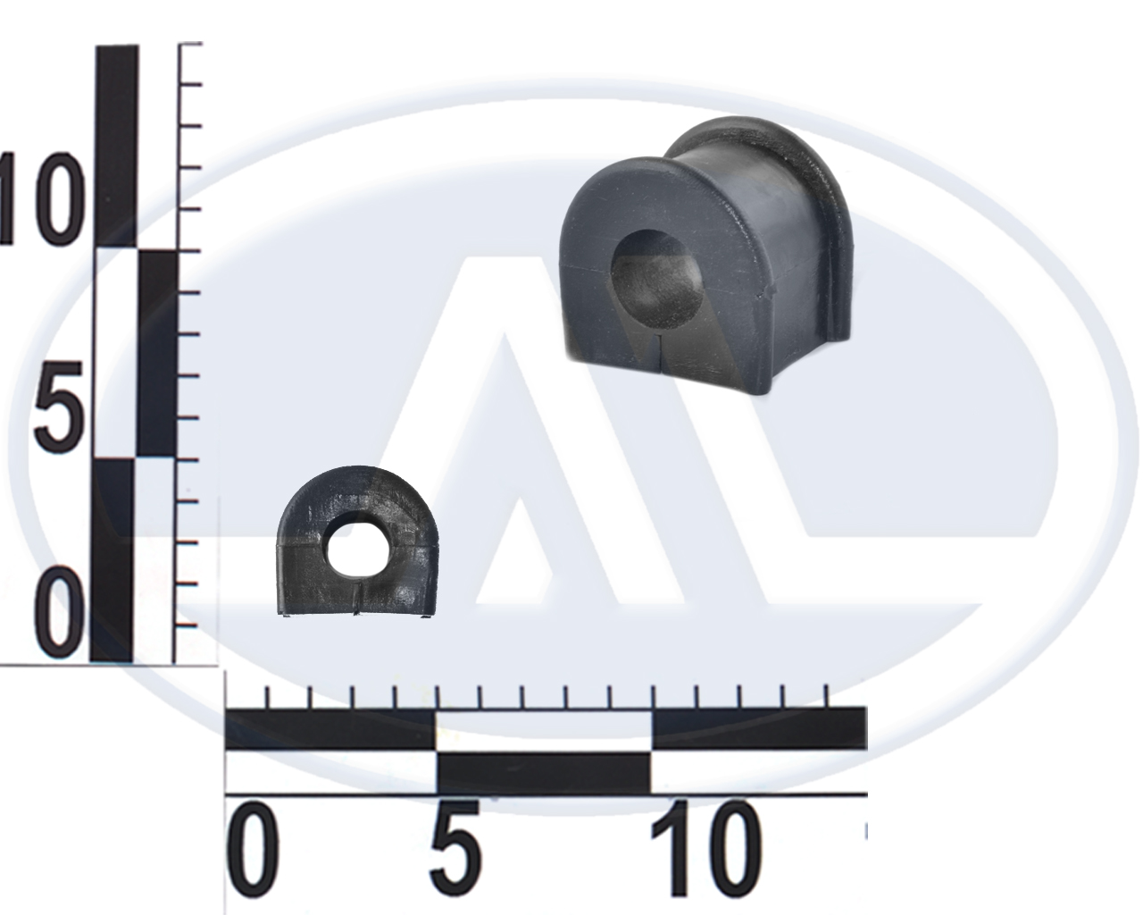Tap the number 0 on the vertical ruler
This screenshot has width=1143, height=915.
pyautogui.click(x=60, y=615)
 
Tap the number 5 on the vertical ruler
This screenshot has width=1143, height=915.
pyautogui.click(x=60, y=407)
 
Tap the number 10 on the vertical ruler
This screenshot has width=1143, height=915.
pyautogui.click(x=44, y=198)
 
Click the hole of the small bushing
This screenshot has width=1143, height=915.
pyautogui.click(x=352, y=555)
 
